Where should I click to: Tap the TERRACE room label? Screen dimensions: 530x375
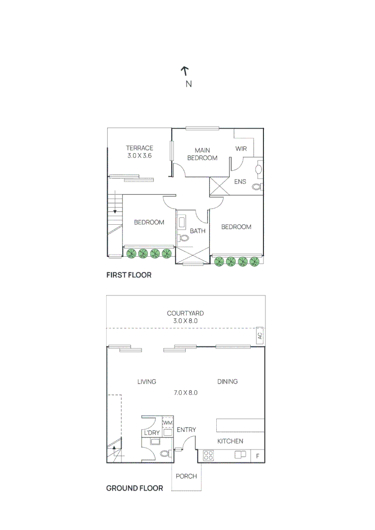point(139,148)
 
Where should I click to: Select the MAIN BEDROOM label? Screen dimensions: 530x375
point(202,154)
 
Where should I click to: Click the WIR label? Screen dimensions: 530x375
point(241,148)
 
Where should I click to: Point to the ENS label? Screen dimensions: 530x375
point(240,182)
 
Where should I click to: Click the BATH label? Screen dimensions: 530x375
point(197,231)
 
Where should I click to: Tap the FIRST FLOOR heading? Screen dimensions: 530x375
point(129,275)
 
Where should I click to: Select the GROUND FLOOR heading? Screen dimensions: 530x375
point(135,488)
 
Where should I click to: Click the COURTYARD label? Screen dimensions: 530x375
point(185,313)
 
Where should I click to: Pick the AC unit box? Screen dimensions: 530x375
point(260,336)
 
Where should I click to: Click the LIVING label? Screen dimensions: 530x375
point(146,381)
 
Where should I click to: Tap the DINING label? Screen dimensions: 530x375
point(227,381)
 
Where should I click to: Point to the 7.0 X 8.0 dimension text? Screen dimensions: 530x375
point(186,393)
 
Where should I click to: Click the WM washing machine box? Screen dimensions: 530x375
point(168,423)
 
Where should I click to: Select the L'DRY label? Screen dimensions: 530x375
point(151,432)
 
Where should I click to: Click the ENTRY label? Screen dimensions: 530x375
point(186,430)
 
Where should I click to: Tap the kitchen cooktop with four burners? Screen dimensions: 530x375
point(208,455)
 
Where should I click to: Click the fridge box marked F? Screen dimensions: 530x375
point(258,456)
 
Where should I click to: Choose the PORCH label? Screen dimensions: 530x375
point(186,476)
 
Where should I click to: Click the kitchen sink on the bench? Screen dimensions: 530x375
point(240,454)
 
